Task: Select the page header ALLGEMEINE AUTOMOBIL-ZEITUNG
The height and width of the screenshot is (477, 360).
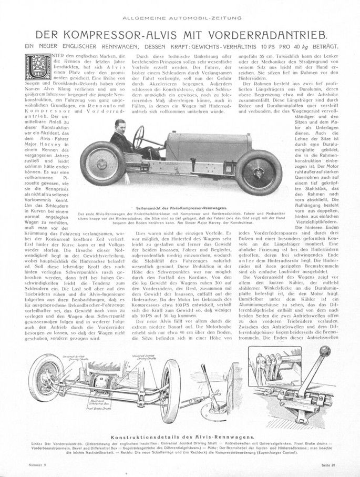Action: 180,18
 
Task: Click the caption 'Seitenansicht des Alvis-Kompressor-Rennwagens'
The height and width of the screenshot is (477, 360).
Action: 180,209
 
